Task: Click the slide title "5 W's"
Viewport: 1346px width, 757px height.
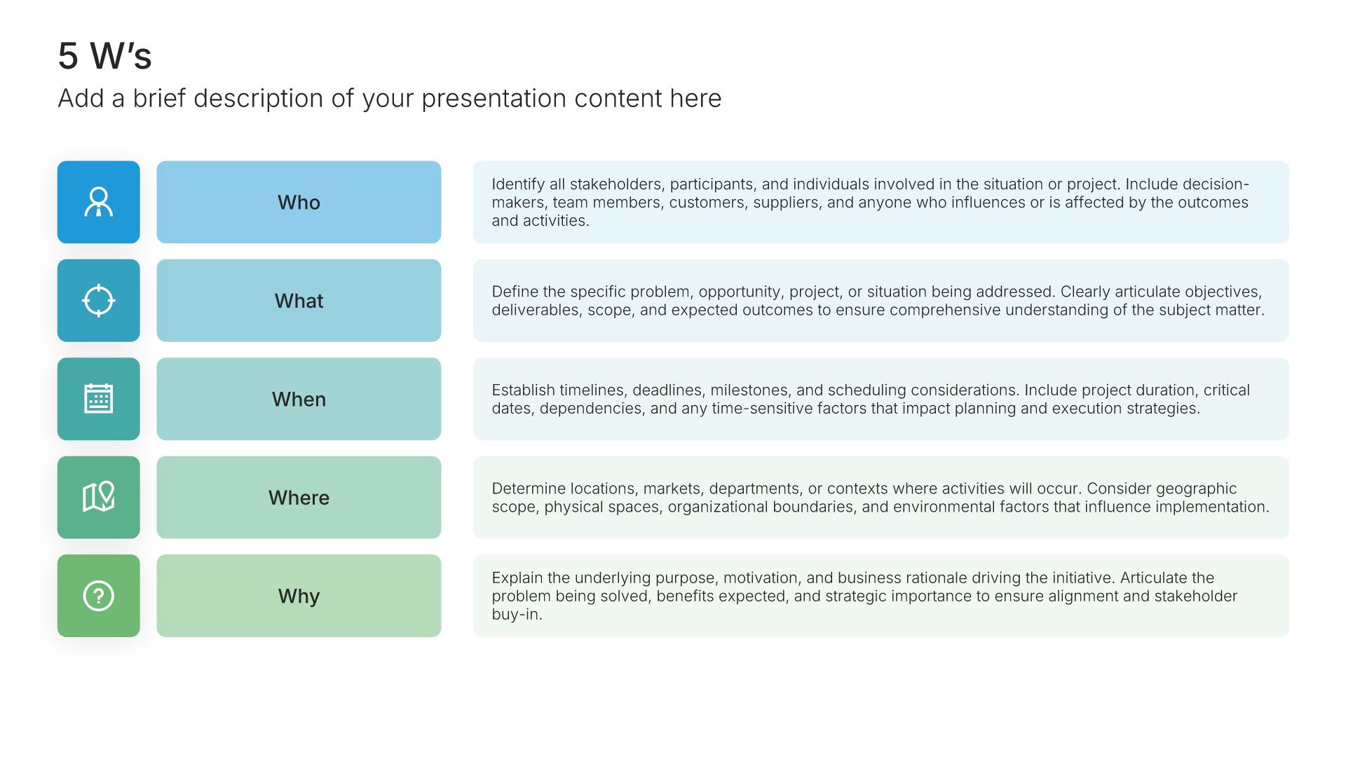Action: point(104,56)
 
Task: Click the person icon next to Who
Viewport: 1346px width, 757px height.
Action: point(99,202)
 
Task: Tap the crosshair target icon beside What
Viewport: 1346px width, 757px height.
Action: point(99,301)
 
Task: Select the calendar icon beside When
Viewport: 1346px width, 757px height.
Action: point(99,399)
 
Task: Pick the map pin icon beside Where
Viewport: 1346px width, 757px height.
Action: point(99,497)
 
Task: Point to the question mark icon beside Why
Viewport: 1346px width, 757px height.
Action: point(99,596)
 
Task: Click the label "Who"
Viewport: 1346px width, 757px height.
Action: point(299,203)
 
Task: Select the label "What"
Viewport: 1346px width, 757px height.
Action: point(299,301)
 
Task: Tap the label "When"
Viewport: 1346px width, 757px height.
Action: point(299,400)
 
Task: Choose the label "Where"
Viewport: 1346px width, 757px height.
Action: point(299,498)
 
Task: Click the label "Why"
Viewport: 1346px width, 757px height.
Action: point(299,596)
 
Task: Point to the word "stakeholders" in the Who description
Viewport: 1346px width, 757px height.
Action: point(616,184)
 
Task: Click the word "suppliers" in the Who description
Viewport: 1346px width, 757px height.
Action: point(785,203)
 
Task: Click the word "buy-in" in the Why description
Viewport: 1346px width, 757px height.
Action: point(516,615)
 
